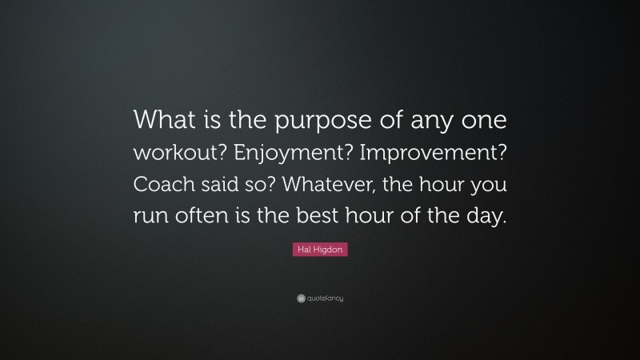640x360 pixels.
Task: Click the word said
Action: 230,185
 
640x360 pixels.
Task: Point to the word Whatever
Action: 358,185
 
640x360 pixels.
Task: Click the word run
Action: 151,217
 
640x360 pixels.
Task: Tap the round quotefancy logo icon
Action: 301,298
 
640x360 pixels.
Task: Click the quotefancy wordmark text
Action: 325,298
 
